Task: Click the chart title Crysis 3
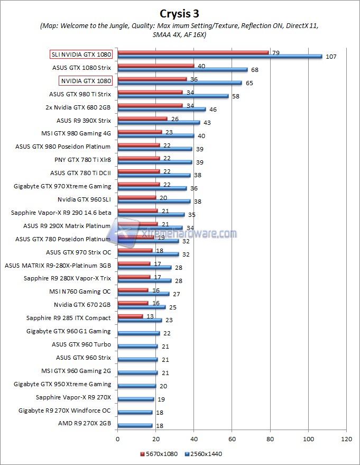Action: tap(179, 13)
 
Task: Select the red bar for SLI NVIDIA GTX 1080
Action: tap(193, 52)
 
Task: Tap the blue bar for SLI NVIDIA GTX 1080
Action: tap(219, 56)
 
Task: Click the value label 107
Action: tap(330, 57)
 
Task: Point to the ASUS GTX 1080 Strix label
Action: tap(81, 68)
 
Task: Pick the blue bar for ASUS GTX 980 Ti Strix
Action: tap(173, 96)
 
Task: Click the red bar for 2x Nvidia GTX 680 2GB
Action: tap(150, 105)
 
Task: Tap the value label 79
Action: tap(275, 52)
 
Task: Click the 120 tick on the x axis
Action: tap(346, 439)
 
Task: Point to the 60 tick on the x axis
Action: tap(232, 439)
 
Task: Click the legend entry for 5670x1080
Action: tap(159, 454)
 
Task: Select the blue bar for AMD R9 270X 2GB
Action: tap(135, 425)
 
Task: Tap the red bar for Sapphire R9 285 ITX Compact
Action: tap(130, 316)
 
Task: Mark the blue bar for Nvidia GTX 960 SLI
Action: tap(154, 201)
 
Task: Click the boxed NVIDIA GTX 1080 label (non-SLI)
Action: tap(86, 81)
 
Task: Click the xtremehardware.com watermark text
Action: tap(196, 233)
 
